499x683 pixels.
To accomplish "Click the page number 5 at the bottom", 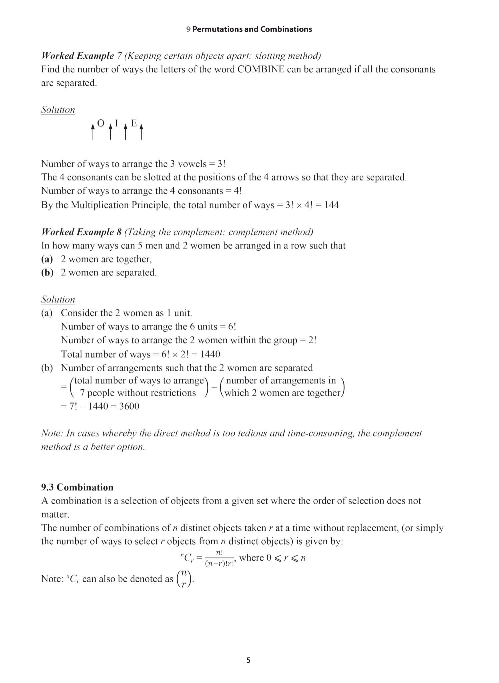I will point(248,660).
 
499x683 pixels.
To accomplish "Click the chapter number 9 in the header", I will point(188,29).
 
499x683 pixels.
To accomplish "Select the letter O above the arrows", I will point(100,123).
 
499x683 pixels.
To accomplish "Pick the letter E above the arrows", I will point(134,123).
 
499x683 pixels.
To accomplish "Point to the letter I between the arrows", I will point(116,123).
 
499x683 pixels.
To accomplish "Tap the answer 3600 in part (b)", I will point(129,406).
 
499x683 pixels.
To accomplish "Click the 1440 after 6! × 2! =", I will point(210,354).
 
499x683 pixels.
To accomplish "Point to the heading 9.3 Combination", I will point(77,487).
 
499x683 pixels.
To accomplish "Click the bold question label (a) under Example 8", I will point(47,259).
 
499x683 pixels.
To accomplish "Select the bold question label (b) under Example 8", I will point(47,272).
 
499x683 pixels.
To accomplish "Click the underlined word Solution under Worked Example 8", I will point(58,299).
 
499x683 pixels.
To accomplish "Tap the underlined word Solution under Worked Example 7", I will point(58,110).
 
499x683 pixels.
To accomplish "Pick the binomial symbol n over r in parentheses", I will point(184,579).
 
